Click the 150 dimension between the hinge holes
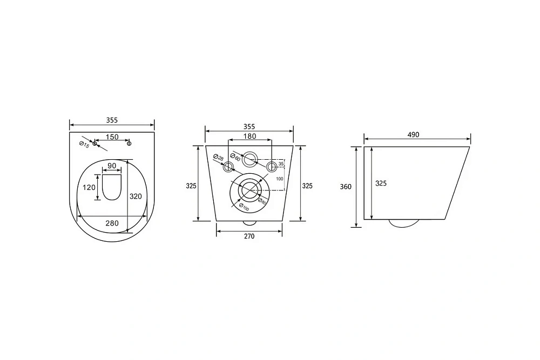(x=112, y=137)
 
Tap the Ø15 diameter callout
(x=84, y=145)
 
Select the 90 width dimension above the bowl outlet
(x=112, y=166)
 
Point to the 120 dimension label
(x=89, y=188)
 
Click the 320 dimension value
(x=136, y=196)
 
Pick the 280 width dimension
(x=112, y=223)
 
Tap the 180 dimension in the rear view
(x=249, y=137)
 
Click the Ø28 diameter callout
(x=218, y=158)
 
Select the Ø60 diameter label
(x=235, y=157)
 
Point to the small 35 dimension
(x=281, y=164)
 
